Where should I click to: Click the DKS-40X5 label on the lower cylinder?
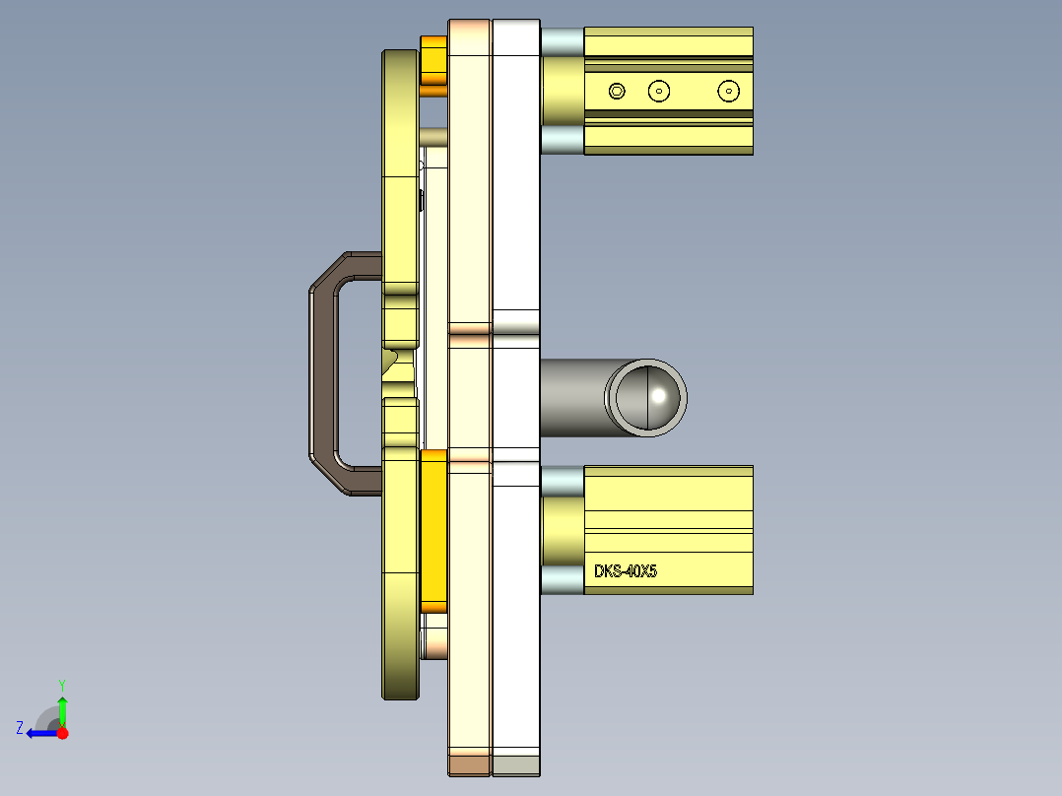(625, 571)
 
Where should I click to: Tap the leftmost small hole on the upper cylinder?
(617, 91)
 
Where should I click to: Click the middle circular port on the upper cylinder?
(659, 91)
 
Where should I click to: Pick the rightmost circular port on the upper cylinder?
(728, 91)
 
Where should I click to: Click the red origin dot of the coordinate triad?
(63, 733)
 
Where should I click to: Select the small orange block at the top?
(433, 65)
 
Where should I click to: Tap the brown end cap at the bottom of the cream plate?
(469, 764)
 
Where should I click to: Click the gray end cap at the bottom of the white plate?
(515, 764)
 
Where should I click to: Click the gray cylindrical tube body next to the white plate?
(571, 397)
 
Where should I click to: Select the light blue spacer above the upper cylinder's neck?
(562, 41)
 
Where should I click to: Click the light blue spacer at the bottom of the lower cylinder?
(562, 579)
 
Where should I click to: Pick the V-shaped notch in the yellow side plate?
(392, 359)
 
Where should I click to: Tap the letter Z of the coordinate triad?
(20, 728)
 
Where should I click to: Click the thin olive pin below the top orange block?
(434, 135)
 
